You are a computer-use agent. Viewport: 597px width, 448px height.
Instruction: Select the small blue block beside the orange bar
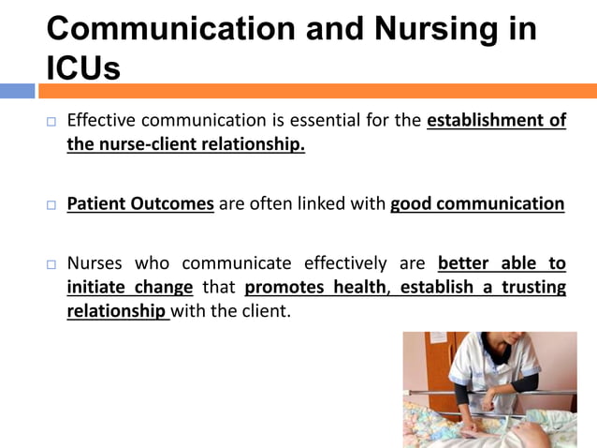tap(17, 91)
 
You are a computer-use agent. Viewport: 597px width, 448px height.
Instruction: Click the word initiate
tap(97, 287)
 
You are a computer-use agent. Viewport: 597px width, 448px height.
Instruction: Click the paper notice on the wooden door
tap(436, 338)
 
